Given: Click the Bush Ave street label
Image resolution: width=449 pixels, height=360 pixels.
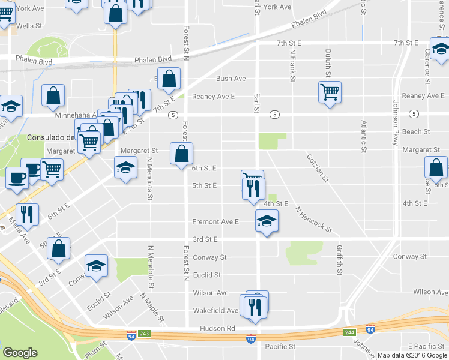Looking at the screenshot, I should [231, 79].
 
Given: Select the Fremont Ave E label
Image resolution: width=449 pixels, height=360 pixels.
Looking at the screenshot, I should [215, 221].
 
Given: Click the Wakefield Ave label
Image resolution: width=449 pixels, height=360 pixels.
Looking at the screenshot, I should [215, 311].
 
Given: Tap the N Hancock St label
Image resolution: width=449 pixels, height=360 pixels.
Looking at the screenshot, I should [313, 219].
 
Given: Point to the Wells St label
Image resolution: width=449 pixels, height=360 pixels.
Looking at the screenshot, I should [29, 26].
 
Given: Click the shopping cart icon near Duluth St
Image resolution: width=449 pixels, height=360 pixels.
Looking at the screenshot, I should [330, 92].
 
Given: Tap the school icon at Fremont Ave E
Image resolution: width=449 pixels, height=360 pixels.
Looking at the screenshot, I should [267, 221].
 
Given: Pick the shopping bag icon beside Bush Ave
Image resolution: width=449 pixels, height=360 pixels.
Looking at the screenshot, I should [170, 78].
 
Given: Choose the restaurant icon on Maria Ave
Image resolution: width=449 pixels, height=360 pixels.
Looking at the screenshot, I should [27, 214].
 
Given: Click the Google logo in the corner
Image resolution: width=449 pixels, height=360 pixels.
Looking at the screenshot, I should [20, 353].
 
